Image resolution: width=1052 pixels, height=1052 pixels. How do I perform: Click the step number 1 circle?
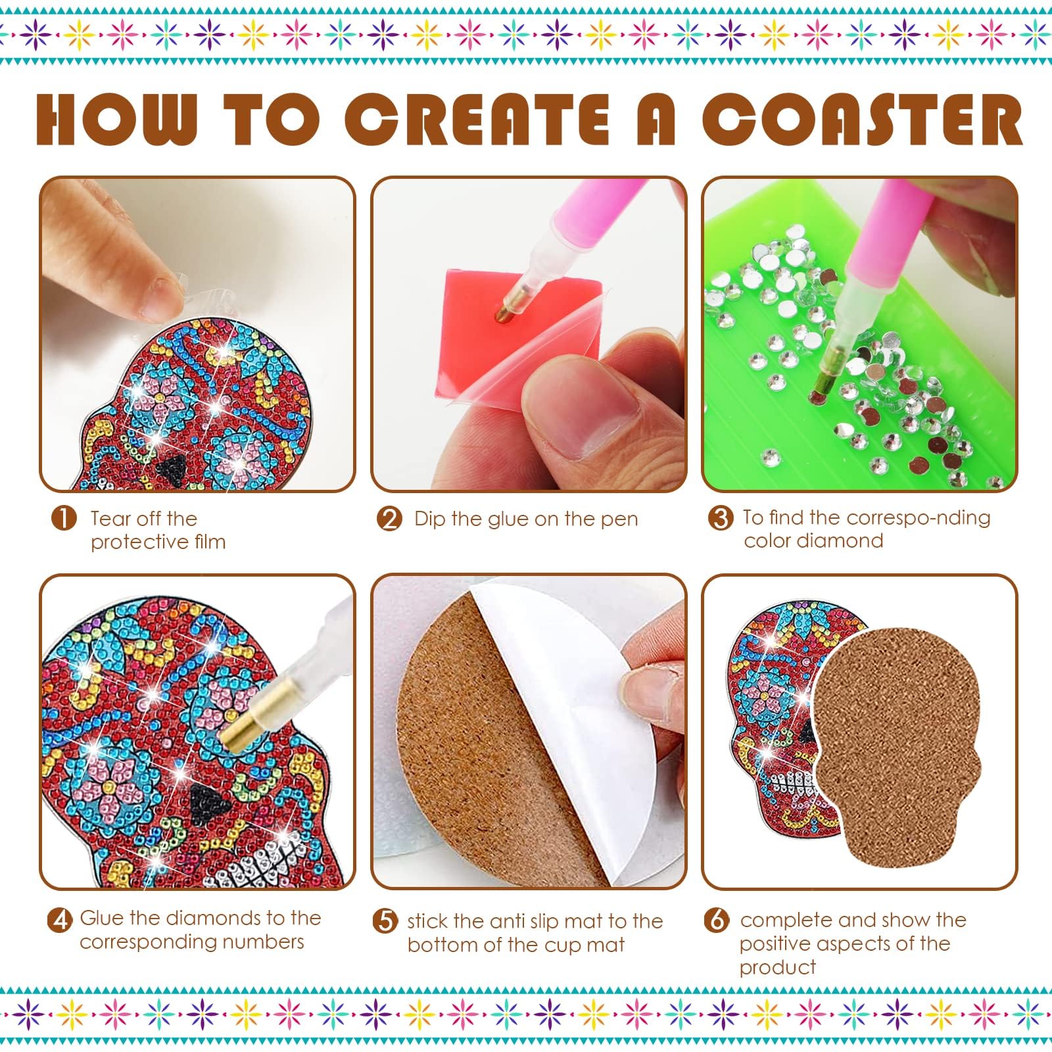63,519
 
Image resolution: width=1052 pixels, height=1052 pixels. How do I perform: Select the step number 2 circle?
389,519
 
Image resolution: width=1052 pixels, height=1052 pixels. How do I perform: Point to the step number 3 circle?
721,518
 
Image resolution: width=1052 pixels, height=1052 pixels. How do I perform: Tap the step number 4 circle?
60,919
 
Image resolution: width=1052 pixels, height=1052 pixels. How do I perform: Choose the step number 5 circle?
385,920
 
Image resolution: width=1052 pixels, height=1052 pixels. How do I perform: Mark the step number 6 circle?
717,919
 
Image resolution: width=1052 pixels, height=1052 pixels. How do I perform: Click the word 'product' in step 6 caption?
778,968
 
